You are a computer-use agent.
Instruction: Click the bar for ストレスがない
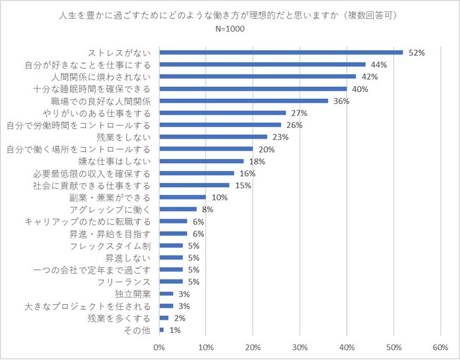281,52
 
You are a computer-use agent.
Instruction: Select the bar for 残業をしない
213,137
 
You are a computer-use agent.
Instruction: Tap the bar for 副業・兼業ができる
183,197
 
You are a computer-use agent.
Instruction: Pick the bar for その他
162,330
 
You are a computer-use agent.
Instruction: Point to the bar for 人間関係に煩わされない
258,76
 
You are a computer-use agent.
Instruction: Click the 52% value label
415,52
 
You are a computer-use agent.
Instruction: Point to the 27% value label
298,112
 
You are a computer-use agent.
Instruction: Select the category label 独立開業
133,294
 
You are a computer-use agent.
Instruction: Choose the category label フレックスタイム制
112,245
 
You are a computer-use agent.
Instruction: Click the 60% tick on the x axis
440,347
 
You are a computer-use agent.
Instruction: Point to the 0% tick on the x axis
159,347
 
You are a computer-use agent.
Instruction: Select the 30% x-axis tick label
300,347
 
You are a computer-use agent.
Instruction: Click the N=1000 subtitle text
230,30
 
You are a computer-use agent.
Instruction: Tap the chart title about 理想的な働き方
230,14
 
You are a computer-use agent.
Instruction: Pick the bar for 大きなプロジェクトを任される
166,306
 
